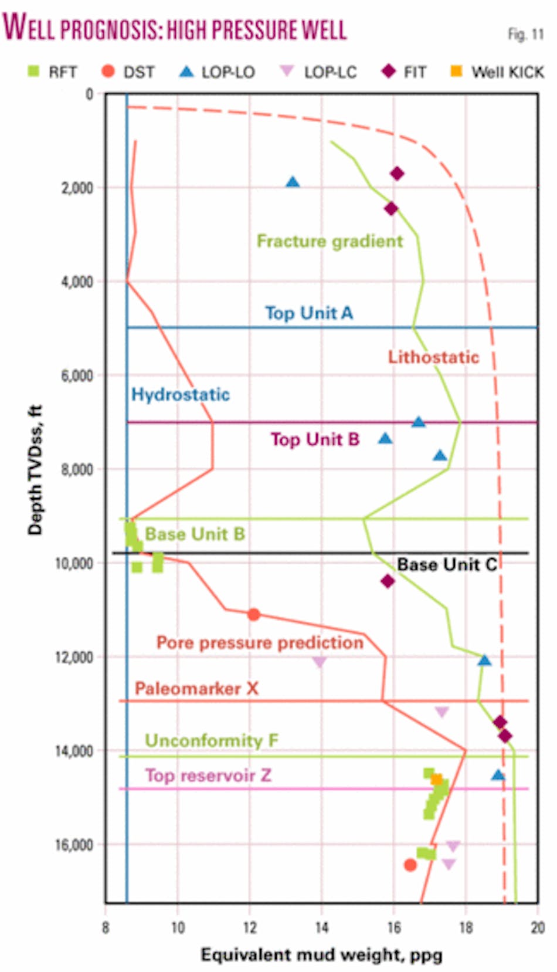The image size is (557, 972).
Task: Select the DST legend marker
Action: coord(108,71)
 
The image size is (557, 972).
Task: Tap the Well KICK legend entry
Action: coord(497,72)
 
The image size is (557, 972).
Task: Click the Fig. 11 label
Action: coord(525,34)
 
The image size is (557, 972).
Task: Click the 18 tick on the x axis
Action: coord(466,927)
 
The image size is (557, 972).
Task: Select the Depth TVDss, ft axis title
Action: coord(35,469)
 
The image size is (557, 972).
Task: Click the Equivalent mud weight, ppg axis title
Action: coord(321,954)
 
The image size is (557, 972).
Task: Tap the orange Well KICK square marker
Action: coord(436,779)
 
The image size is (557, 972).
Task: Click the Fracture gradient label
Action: coord(330,241)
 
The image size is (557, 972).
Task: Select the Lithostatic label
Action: coord(433,357)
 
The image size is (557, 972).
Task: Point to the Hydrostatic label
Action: coord(180,394)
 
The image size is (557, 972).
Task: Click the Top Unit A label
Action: coord(308,313)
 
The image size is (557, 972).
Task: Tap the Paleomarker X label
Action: coord(196,688)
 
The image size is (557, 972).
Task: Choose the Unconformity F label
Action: coord(211,740)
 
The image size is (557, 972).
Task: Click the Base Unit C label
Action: coord(447,564)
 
